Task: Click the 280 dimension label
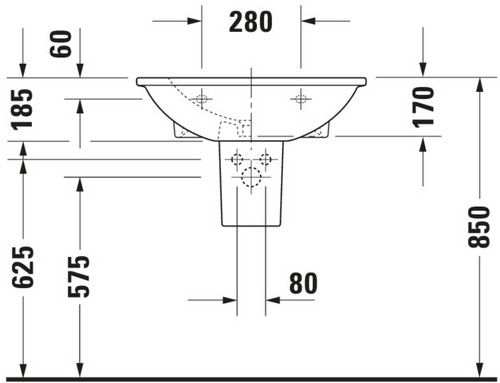point(251,22)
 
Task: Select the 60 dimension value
point(61,44)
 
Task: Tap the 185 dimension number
point(22,109)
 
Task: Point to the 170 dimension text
point(423,107)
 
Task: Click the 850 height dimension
point(479,227)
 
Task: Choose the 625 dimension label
point(23,267)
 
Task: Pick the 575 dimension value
point(79,276)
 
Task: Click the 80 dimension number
point(303,283)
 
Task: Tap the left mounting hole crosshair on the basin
point(201,99)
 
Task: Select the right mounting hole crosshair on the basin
point(301,99)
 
